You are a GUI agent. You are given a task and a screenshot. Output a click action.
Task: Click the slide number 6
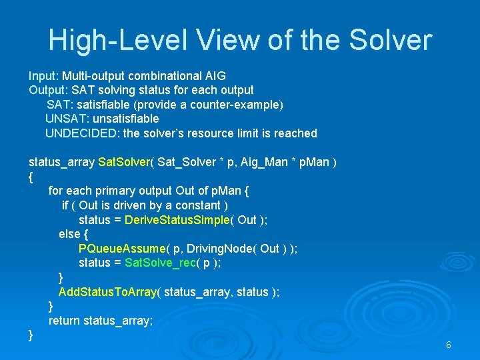[449, 345]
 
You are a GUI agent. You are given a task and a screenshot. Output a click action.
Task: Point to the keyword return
[65, 321]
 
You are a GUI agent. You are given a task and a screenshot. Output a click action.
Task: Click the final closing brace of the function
[31, 335]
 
